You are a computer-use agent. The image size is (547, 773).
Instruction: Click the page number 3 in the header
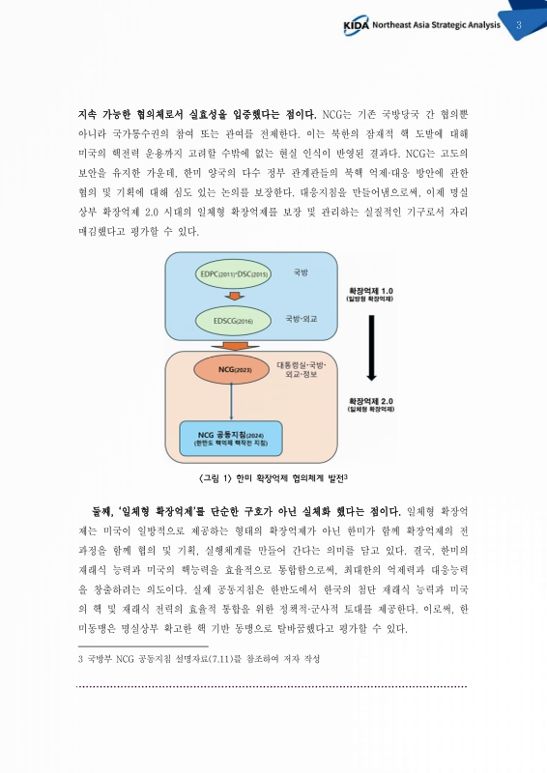(519, 25)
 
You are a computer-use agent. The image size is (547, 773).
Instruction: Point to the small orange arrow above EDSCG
(232, 297)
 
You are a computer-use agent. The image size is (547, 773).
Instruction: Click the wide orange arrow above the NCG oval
(230, 345)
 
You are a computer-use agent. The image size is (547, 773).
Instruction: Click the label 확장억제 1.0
(371, 290)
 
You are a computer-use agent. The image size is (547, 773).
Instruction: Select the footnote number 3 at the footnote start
(80, 658)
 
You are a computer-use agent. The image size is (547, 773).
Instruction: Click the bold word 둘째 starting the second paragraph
(102, 509)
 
